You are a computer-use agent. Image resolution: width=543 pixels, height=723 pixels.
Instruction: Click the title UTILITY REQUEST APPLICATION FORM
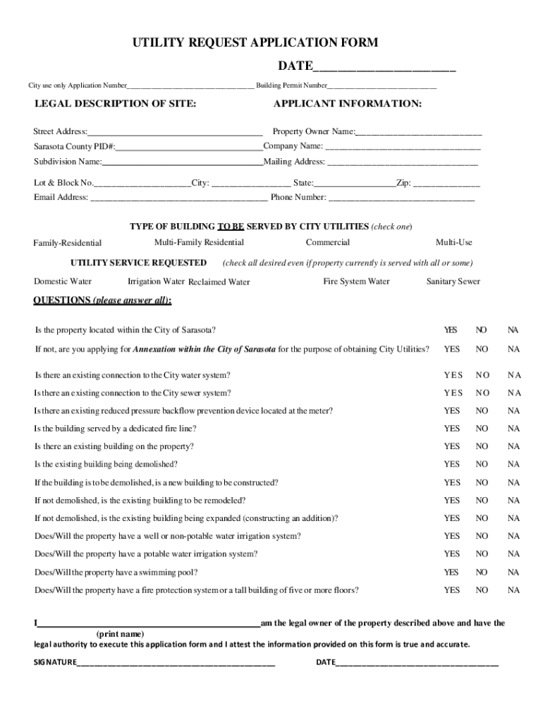(x=255, y=43)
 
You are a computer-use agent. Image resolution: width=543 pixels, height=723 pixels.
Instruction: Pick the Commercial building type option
(x=327, y=243)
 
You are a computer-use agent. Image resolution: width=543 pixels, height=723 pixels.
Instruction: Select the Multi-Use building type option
(x=453, y=243)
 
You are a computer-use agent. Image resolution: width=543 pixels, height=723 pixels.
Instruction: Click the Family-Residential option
(x=68, y=244)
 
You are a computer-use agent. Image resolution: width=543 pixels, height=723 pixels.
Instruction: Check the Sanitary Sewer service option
(x=453, y=282)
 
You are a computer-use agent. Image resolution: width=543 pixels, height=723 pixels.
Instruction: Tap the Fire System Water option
(x=356, y=282)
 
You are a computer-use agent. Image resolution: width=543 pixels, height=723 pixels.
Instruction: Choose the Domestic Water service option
(x=63, y=282)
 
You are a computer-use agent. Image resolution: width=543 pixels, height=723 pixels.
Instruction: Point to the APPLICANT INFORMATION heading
(x=348, y=104)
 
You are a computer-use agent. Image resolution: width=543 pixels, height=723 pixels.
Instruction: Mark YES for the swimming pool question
(x=451, y=573)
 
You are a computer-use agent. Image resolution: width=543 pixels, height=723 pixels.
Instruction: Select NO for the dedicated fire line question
(x=482, y=429)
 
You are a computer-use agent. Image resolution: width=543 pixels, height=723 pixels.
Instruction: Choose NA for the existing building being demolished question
(x=513, y=465)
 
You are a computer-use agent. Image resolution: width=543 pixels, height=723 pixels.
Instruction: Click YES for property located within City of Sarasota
(x=451, y=330)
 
